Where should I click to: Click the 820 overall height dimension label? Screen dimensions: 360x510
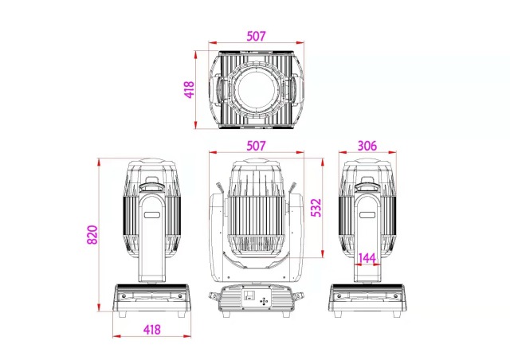91,236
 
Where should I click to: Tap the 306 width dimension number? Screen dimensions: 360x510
367,147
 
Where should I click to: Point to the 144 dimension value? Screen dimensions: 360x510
367,258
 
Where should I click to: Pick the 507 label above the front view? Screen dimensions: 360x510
256,147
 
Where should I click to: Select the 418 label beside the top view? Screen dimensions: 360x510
189,89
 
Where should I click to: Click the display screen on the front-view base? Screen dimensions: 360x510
248,299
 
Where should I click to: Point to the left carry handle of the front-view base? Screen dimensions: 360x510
214,299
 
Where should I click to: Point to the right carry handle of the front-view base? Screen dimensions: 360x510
299,299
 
